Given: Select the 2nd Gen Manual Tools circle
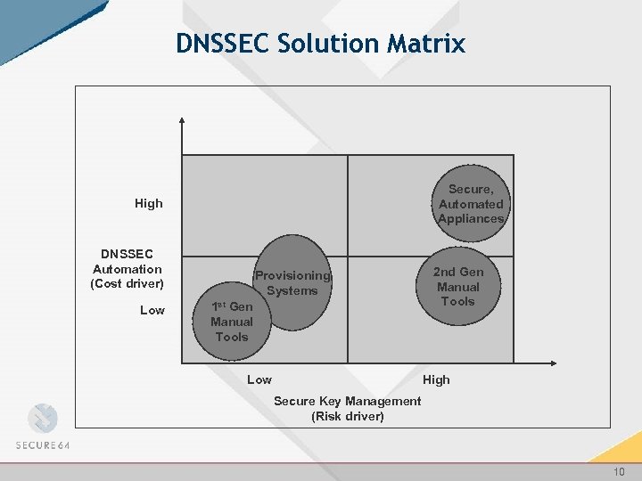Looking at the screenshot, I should point(457,287).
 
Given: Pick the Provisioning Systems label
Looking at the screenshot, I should point(292,283).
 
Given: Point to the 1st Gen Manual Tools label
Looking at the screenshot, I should point(231,322).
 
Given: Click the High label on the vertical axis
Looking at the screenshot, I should point(149,203).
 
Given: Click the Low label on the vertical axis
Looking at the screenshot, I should point(152,310).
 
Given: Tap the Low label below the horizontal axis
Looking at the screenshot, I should point(259,379).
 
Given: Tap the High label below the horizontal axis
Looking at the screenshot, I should point(436,379).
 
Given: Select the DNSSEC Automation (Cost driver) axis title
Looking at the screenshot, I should point(128,269).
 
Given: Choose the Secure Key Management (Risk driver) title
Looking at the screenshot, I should point(347,408).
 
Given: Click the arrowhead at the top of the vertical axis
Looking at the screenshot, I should point(182,121).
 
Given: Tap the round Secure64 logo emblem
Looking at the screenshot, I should point(42,419).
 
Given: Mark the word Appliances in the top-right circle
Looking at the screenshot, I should point(471,218).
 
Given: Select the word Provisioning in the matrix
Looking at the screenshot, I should point(292,276).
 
